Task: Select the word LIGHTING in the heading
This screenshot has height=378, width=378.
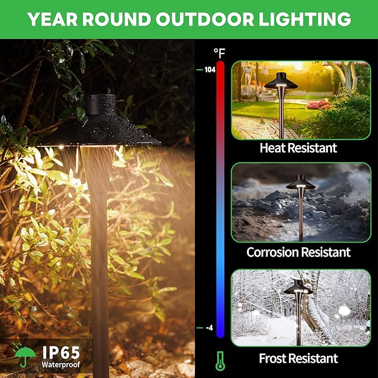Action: (x=301, y=19)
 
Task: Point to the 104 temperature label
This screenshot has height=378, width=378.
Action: (x=209, y=70)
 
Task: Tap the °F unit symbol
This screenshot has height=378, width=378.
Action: (x=219, y=53)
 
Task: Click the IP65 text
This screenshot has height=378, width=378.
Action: (x=61, y=352)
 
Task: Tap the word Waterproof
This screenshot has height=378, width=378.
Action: (x=61, y=365)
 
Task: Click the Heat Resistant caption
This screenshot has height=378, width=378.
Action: (x=298, y=148)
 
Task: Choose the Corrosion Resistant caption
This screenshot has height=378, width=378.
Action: (x=299, y=252)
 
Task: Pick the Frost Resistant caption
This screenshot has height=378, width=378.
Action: (x=298, y=358)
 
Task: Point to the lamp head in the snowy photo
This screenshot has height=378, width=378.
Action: (x=297, y=288)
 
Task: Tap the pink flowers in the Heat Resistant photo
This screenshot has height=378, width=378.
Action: (x=333, y=104)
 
